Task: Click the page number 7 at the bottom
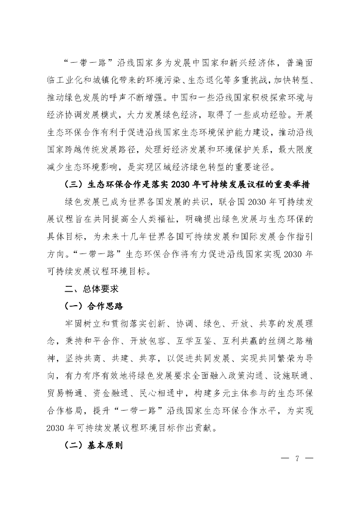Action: tap(296, 458)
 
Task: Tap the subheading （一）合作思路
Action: tap(94, 305)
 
